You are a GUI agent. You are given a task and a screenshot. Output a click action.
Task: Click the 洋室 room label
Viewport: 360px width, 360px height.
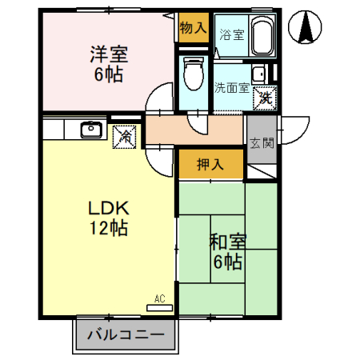coord(108,54)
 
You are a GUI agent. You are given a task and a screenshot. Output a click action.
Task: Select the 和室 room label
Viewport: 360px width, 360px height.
coord(227,241)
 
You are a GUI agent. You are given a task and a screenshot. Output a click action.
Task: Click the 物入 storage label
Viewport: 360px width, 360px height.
coord(193,27)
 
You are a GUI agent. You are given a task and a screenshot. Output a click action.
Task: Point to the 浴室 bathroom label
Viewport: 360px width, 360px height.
coord(231,34)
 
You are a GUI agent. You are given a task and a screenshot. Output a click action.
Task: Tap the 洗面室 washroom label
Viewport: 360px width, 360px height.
coord(231,87)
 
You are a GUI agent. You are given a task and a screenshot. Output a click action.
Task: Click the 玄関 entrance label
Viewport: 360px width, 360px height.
coord(261,143)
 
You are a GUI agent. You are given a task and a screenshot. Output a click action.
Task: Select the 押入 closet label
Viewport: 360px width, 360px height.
coord(210,165)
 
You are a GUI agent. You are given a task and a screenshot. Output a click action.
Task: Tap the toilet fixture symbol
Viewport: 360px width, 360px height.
coord(192,74)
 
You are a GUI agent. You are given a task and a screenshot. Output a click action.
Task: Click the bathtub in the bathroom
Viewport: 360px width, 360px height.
coord(262,36)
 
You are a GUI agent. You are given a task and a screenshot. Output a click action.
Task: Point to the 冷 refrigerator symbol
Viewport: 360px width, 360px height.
coord(125,136)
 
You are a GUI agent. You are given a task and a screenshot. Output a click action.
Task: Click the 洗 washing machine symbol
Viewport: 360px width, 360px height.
coord(262,99)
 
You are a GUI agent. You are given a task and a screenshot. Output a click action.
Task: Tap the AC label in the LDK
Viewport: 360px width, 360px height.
coord(160,298)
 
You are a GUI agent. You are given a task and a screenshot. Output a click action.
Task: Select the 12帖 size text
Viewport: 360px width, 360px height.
coord(108,227)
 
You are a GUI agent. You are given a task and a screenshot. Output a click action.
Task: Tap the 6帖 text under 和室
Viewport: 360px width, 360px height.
coord(227,261)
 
